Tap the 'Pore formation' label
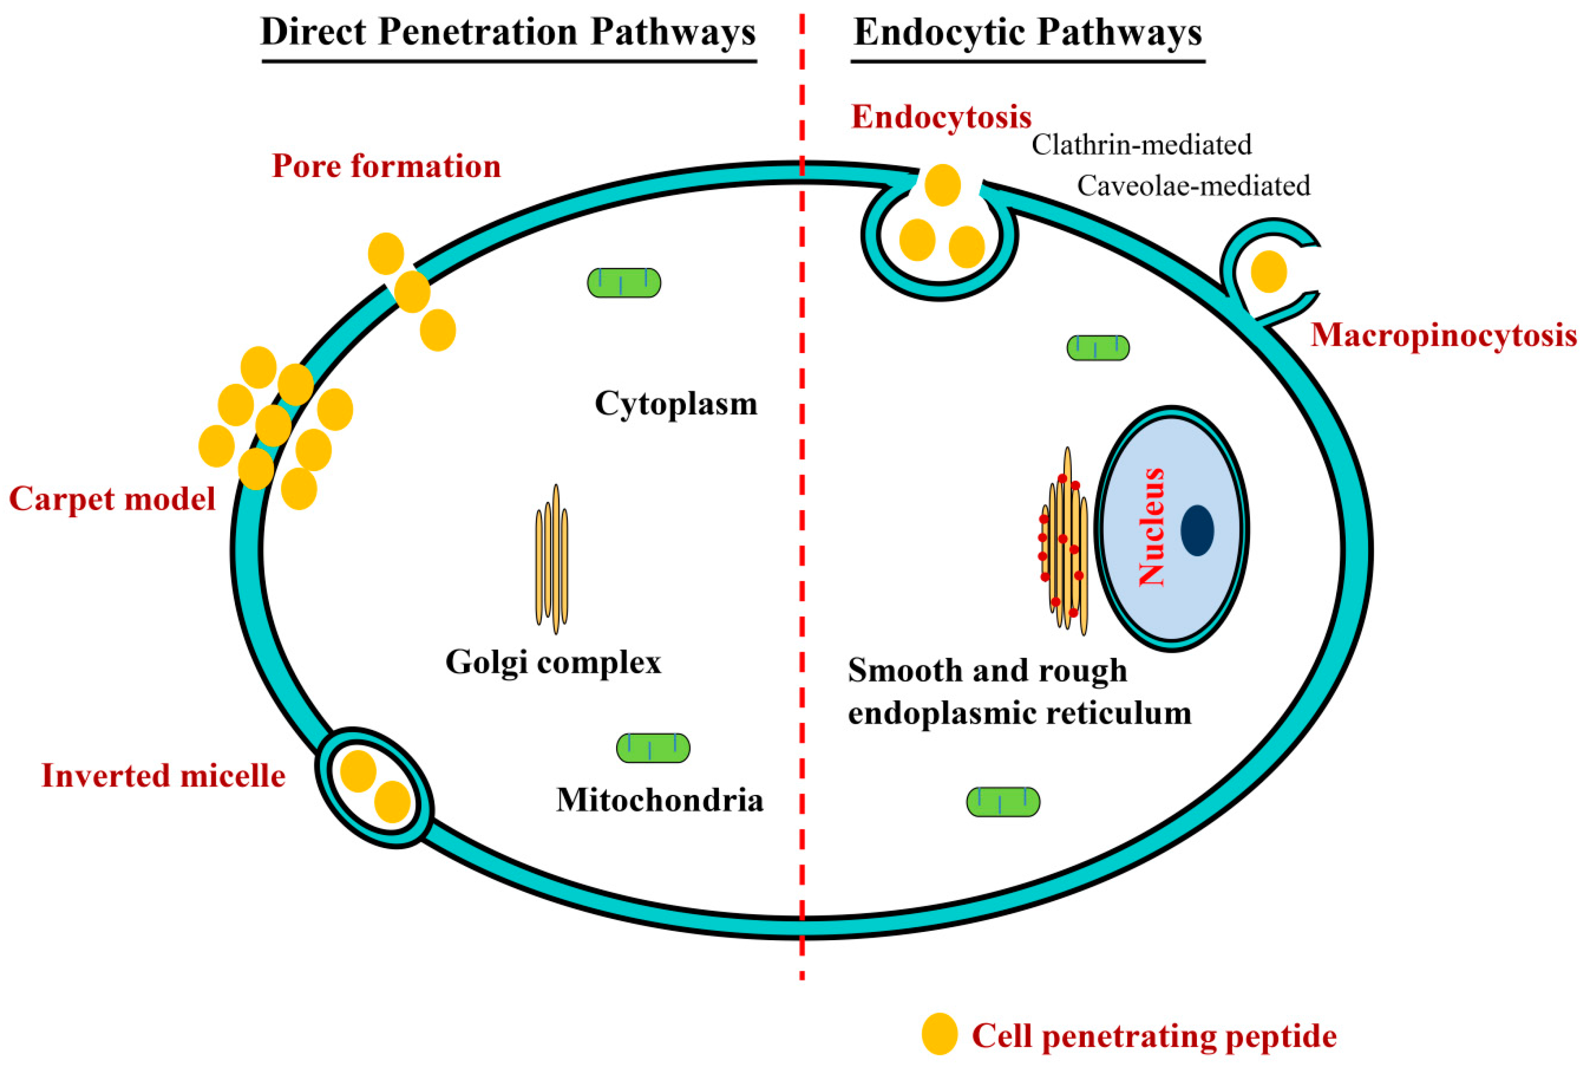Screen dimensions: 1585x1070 [386, 166]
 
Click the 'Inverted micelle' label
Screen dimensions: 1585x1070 [164, 775]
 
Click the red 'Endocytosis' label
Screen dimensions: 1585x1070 [941, 117]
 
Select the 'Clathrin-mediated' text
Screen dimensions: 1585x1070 [1141, 145]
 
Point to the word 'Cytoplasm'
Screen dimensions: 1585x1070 [676, 404]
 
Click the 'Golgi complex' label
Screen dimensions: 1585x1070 [553, 662]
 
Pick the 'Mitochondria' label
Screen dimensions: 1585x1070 [659, 800]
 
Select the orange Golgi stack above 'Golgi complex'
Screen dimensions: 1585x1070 [552, 559]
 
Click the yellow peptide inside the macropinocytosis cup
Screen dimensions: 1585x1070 [1269, 271]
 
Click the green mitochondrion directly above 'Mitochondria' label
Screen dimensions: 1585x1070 [653, 748]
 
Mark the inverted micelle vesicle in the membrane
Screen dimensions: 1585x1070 [374, 787]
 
